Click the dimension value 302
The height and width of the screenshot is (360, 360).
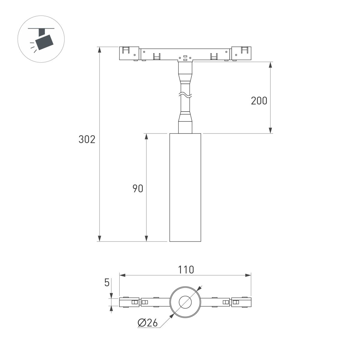click(x=87, y=139)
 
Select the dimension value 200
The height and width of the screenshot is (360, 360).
click(x=259, y=101)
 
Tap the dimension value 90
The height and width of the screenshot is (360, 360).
click(x=138, y=189)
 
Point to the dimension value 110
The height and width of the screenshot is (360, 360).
click(x=185, y=270)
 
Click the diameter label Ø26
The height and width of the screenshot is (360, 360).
click(x=148, y=323)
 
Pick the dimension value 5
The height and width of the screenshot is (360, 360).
click(x=107, y=283)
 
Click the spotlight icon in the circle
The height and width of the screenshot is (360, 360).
click(x=41, y=40)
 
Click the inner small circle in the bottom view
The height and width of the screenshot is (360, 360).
click(x=185, y=302)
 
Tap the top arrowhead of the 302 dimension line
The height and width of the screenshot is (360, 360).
click(x=99, y=49)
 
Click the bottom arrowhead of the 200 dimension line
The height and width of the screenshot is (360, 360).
click(x=271, y=130)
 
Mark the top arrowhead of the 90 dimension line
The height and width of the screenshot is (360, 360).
click(x=146, y=136)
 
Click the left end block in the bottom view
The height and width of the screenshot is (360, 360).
click(x=129, y=302)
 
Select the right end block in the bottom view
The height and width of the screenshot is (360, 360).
click(x=241, y=302)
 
